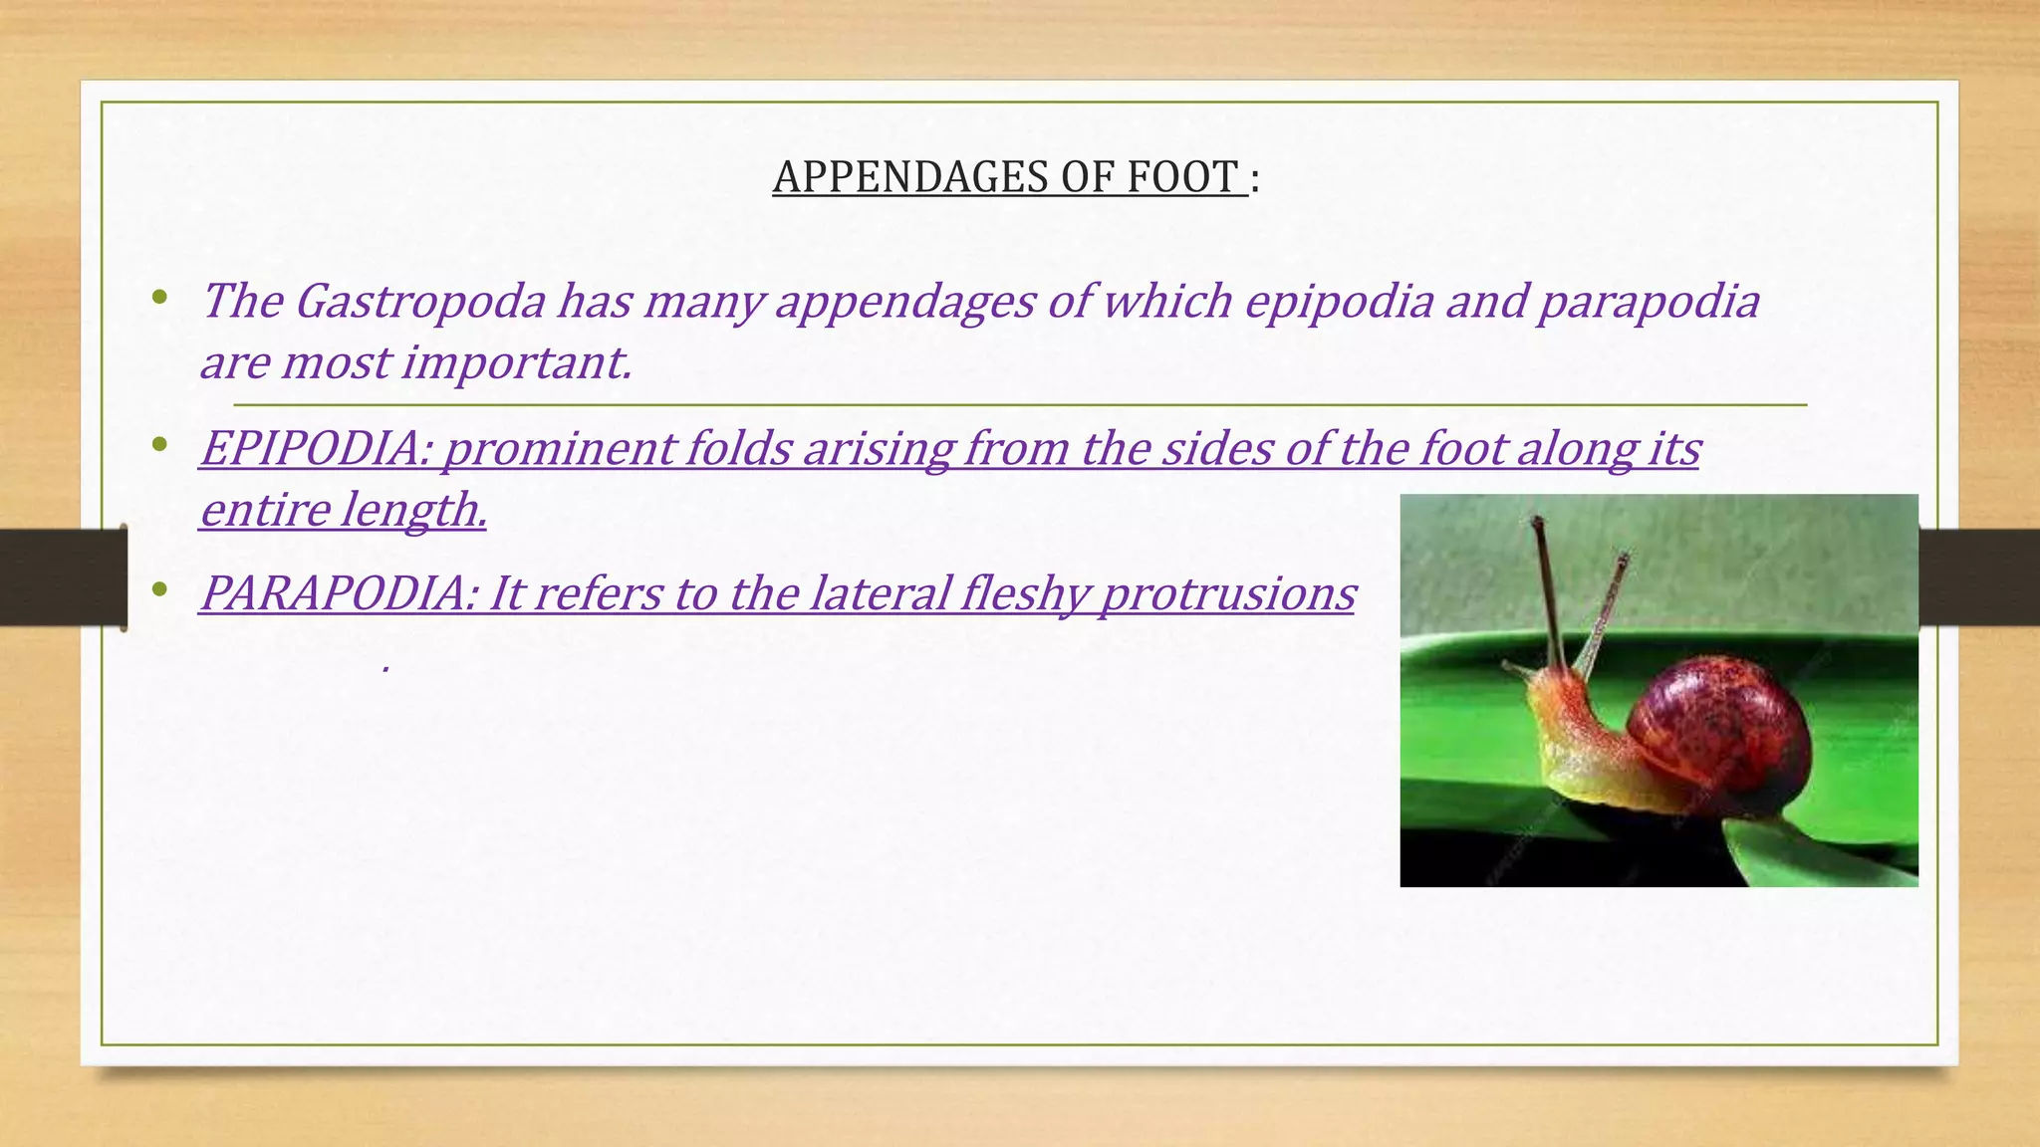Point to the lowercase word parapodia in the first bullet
pos(1649,302)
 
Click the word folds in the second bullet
pos(738,449)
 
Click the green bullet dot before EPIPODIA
pos(159,446)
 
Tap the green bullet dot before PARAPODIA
pos(159,591)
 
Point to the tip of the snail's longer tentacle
pos(1537,521)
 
